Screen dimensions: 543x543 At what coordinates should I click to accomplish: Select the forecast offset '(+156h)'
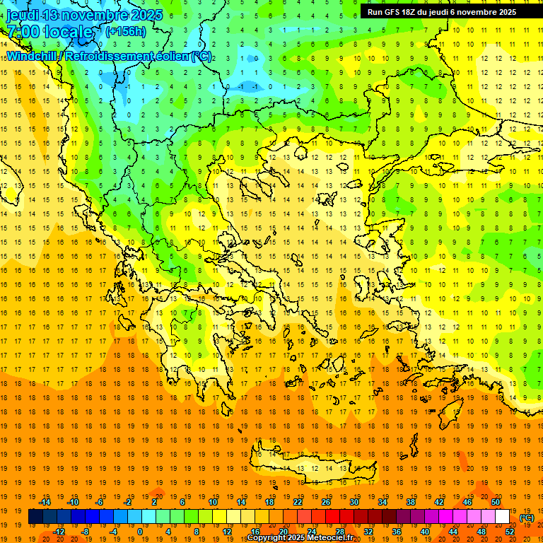coord(125,32)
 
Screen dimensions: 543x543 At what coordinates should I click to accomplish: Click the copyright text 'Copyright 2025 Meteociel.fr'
coord(300,538)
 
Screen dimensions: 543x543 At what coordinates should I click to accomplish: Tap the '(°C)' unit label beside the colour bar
coord(527,518)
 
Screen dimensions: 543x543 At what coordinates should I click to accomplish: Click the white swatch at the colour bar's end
coord(503,517)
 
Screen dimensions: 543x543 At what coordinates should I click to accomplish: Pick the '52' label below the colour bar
coord(510,532)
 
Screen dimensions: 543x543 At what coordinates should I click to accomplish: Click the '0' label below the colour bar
coord(141,532)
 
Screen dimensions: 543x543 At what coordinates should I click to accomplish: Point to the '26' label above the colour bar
coord(326,502)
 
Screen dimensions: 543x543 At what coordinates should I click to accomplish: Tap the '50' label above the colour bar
coord(496,502)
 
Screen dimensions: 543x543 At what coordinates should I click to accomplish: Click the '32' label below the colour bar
coord(368,532)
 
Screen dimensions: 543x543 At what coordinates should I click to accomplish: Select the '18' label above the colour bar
coord(269,502)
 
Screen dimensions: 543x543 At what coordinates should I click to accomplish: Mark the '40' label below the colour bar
coord(425,532)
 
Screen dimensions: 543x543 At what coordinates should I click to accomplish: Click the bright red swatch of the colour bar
coord(333,517)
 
